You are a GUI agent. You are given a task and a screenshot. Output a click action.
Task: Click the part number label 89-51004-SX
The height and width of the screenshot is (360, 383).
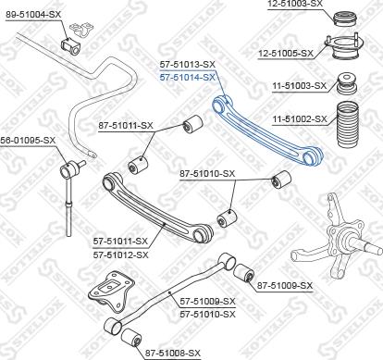[33, 15]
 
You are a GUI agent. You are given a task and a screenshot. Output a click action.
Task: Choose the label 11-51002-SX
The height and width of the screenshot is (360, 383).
[300, 118]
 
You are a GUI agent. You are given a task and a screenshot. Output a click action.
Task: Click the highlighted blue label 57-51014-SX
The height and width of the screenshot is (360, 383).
[187, 78]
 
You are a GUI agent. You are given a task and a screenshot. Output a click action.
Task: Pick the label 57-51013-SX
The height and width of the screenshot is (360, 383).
[187, 65]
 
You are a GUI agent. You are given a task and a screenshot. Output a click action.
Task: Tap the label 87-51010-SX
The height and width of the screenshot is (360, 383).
[207, 173]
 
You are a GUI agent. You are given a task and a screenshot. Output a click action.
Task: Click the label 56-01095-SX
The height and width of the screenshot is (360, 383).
[28, 140]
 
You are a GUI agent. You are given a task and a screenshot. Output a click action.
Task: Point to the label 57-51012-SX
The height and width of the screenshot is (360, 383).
[120, 254]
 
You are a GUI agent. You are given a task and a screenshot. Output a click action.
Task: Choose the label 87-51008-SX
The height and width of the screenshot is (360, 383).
[172, 353]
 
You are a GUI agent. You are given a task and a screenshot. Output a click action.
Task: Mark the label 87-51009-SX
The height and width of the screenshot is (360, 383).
[285, 285]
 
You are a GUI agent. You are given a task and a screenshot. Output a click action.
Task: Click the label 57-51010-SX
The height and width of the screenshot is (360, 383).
[207, 314]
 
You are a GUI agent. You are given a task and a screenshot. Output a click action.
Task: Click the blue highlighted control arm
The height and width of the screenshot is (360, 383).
[268, 130]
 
